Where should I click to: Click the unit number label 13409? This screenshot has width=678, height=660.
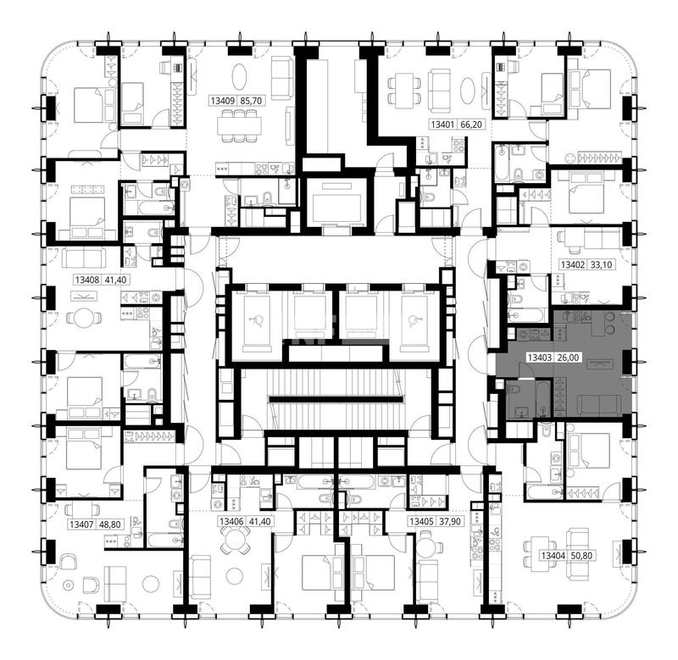tap(223, 101)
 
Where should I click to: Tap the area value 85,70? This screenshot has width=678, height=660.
tap(251, 101)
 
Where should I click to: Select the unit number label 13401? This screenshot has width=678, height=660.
tap(442, 125)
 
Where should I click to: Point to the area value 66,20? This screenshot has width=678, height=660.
tap(471, 125)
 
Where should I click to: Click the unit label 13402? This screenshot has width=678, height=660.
tap(573, 264)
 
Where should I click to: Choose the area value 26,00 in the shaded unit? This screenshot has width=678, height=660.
tap(568, 358)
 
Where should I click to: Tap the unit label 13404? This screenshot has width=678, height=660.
tap(553, 556)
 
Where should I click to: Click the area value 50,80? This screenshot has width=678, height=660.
tap(581, 556)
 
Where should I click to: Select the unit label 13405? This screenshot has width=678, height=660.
tap(421, 522)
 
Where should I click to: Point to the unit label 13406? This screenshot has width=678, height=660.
tap(231, 522)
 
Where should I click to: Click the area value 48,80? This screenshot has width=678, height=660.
tap(110, 524)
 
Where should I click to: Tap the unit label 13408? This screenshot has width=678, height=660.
tap(87, 280)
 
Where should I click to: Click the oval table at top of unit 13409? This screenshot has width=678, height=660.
tap(240, 77)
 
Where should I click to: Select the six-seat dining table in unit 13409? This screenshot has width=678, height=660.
tap(239, 125)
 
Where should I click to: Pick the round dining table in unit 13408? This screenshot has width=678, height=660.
tap(84, 319)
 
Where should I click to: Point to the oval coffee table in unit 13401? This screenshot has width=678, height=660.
tap(469, 91)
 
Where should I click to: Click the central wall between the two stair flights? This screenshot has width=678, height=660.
tap(336, 399)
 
